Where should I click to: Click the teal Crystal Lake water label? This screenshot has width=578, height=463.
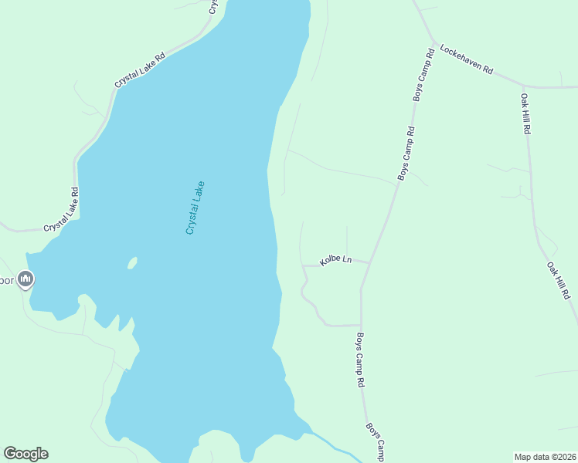pos(195,208)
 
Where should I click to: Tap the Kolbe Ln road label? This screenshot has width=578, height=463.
pos(336,260)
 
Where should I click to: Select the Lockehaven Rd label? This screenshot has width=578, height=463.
pos(466,59)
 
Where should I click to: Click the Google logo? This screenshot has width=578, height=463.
pos(25,454)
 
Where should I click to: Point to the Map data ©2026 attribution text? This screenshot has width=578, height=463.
pos(545,456)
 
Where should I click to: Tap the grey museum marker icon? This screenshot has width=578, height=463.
pos(25,279)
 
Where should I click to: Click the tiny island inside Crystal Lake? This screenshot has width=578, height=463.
pos(132,263)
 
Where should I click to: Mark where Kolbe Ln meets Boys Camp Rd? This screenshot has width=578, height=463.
pos(369,263)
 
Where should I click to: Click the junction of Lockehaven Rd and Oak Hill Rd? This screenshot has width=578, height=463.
pos(522,86)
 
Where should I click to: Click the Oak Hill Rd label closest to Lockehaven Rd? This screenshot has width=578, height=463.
pos(525,114)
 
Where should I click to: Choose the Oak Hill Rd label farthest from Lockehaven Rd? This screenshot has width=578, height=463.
pos(559,280)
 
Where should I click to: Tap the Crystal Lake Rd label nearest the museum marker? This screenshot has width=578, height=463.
pos(62,211)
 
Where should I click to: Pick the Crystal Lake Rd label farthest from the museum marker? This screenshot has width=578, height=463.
pos(140,69)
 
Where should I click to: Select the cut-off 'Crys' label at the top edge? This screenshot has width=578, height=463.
pos(214,6)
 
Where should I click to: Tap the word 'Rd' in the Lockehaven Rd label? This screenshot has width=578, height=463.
pos(488,69)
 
